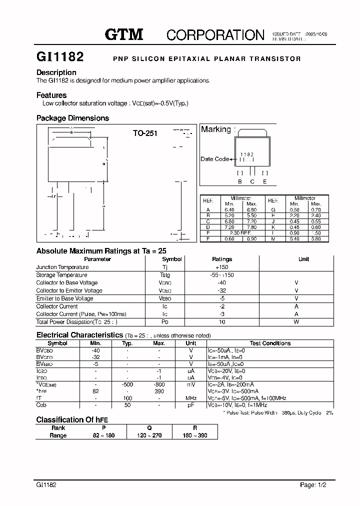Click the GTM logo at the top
[x=124, y=34]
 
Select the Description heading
[x=56, y=72]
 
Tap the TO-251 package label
[x=145, y=133]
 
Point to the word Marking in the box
[x=216, y=129]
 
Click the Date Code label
[x=214, y=159]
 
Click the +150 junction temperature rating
[x=221, y=267]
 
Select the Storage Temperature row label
[x=61, y=275]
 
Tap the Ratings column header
[x=222, y=259]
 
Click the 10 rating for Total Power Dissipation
[x=222, y=322]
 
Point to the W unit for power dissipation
[x=296, y=322]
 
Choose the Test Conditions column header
[x=270, y=343]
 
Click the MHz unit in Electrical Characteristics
[x=190, y=397]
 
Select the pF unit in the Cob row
[x=190, y=405]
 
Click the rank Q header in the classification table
[x=149, y=428]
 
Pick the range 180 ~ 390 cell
[x=195, y=435]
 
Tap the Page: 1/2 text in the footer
[x=316, y=484]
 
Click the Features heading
[x=51, y=95]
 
